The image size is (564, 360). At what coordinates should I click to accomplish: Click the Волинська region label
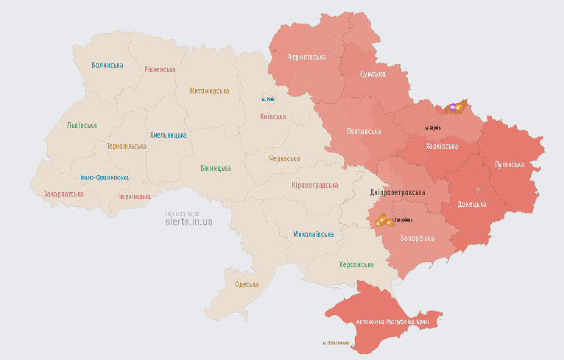[x=107, y=65]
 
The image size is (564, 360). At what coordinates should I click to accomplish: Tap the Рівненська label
[x=160, y=69]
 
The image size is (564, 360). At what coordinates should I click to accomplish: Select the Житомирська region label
[x=209, y=91]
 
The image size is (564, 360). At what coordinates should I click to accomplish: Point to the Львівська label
[x=82, y=125]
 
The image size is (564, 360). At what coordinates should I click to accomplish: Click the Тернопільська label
[x=126, y=146]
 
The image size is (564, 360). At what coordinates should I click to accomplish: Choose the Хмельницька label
[x=168, y=135]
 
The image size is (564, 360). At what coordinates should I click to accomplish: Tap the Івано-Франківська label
[x=105, y=177]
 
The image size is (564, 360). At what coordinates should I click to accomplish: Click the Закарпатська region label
[x=63, y=194]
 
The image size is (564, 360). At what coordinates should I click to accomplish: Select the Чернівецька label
[x=135, y=197]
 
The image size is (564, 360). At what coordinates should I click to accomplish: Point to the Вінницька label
[x=216, y=168]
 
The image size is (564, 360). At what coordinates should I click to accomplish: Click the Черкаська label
[x=284, y=158]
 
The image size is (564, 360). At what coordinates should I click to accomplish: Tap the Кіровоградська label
[x=315, y=186]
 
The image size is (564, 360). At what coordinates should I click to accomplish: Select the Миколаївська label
[x=314, y=234]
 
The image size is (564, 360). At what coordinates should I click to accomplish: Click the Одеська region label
[x=247, y=284]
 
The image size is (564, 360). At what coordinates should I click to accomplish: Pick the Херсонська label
[x=356, y=264]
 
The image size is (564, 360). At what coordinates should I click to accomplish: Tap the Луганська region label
[x=510, y=164]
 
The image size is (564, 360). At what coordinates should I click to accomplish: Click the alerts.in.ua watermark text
[x=188, y=221]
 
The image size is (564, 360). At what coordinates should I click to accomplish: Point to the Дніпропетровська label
[x=398, y=192]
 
